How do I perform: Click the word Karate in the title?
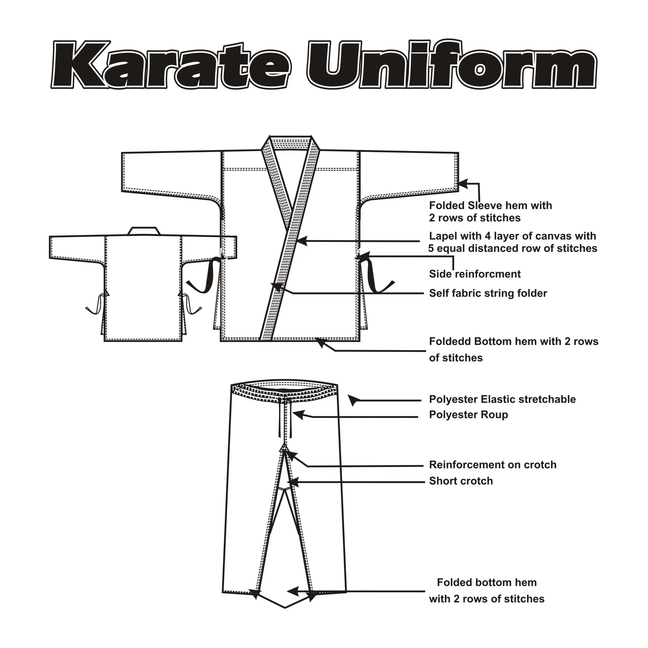click(x=171, y=65)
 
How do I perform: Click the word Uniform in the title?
click(x=451, y=65)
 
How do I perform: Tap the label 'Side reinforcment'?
click(x=475, y=274)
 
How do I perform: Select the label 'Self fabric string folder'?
click(x=488, y=293)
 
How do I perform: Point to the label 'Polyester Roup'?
click(x=468, y=415)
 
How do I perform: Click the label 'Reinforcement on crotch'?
click(x=492, y=465)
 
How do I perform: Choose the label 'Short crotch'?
click(x=461, y=481)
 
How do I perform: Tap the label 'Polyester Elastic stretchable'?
click(x=502, y=399)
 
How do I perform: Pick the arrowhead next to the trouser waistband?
click(x=353, y=399)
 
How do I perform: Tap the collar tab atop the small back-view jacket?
click(x=144, y=231)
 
